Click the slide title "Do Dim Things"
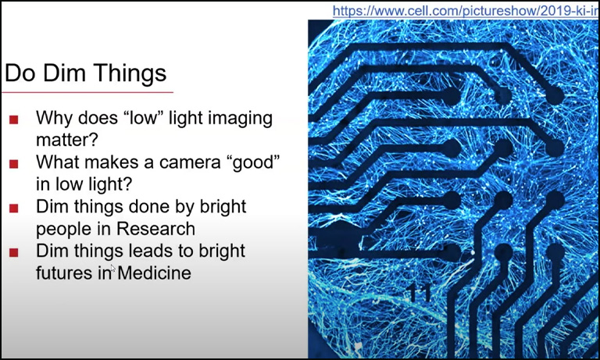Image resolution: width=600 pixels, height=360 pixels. coord(86,73)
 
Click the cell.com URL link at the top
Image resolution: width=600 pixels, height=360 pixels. coord(465,11)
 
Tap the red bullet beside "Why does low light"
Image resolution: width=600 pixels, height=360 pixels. coord(14,119)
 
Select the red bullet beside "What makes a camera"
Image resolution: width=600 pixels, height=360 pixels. coord(14,164)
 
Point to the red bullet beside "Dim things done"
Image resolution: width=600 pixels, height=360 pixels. coord(14,209)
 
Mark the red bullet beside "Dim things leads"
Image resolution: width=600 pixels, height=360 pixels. coord(14,252)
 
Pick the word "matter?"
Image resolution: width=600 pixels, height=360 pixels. coord(67,140)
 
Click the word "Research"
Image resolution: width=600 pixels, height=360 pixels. coord(155,229)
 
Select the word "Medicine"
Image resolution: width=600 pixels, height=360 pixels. coord(154,273)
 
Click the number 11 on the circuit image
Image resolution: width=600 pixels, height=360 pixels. coord(420,294)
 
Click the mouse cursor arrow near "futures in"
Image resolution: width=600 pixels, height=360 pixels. coord(112,268)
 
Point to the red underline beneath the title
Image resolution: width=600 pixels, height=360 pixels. coord(87,92)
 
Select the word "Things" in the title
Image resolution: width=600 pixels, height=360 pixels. coord(130,73)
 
